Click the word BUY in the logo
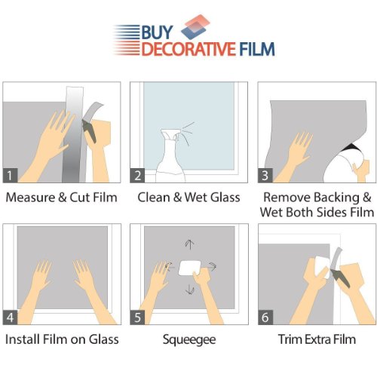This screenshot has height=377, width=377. point(158,32)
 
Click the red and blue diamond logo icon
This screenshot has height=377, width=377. point(195,27)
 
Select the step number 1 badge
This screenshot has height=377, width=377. point(10,175)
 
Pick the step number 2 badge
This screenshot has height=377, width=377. point(137,175)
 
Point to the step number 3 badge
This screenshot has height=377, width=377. point(265,175)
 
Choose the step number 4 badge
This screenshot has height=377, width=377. point(10,317)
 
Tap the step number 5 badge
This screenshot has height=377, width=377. point(137,317)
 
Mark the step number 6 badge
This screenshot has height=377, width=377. point(265,317)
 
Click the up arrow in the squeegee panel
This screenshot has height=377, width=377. point(189,244)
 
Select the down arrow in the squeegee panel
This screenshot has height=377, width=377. point(189,290)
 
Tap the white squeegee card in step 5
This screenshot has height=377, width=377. point(190,268)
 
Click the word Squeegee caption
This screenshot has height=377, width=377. point(189,340)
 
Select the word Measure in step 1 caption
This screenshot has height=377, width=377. point(30,198)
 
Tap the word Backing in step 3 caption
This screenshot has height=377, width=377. point(336,198)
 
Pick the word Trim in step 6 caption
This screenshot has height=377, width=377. point(289,339)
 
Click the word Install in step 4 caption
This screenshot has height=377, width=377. point(22,339)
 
